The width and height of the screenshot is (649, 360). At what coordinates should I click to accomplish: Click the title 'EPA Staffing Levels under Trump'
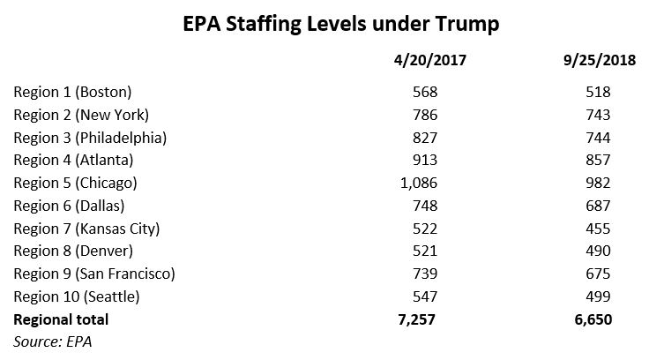(x=324, y=23)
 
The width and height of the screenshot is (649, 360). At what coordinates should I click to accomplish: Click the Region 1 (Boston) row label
(x=72, y=92)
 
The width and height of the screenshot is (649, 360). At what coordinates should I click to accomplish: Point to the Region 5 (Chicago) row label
(x=76, y=183)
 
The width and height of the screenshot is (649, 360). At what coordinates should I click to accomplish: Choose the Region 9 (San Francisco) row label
(x=95, y=274)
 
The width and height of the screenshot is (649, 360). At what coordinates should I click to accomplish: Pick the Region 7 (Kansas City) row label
(x=86, y=229)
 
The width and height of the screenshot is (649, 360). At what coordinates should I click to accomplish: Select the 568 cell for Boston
(x=423, y=92)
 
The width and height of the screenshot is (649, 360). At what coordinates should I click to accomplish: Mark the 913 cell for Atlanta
(x=423, y=160)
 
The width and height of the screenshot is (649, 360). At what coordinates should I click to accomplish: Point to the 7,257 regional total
(x=415, y=319)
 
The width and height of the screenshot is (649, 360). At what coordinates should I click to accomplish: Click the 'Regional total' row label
(x=62, y=319)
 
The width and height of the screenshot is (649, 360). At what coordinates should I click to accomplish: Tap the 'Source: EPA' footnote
(x=53, y=340)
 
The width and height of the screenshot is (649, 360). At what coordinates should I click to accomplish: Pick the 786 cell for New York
(x=423, y=115)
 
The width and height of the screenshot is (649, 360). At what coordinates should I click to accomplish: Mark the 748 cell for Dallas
(x=423, y=206)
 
